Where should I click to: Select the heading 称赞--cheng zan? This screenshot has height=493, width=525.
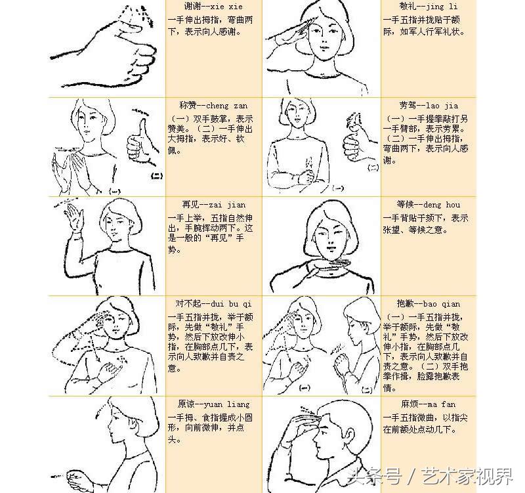[208, 106]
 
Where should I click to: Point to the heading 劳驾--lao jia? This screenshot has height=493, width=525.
[429, 106]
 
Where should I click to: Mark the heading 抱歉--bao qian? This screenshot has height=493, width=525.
[429, 304]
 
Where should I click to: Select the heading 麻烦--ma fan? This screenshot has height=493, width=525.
[428, 404]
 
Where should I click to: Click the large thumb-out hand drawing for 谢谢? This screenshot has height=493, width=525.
[105, 53]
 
